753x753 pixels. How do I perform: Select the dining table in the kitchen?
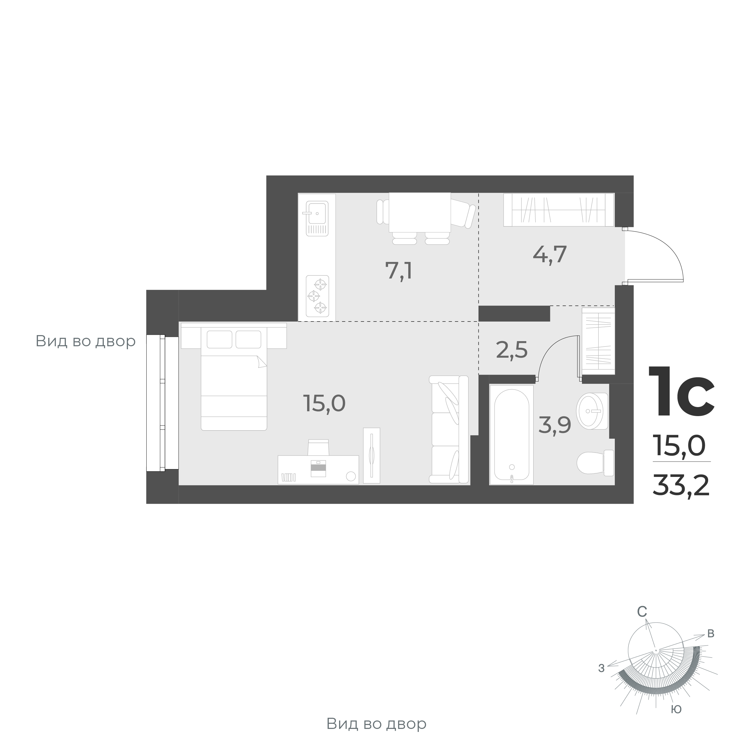(x=420, y=213)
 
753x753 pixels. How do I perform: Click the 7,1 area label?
(x=398, y=271)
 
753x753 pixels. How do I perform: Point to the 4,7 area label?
(x=549, y=254)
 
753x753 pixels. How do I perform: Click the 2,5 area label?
(x=512, y=350)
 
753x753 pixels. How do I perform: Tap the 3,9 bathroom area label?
(x=555, y=425)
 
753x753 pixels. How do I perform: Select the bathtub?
(x=511, y=434)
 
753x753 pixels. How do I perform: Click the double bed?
(x=234, y=378)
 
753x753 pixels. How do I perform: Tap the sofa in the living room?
(x=449, y=430)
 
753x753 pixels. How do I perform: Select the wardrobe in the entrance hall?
(x=559, y=210)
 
